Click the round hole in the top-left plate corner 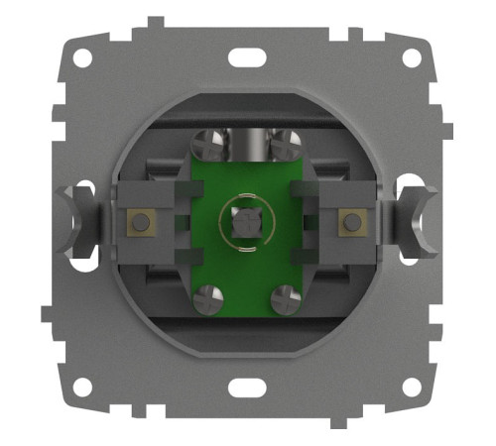tap(82, 58)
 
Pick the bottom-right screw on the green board tap(285, 297)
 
